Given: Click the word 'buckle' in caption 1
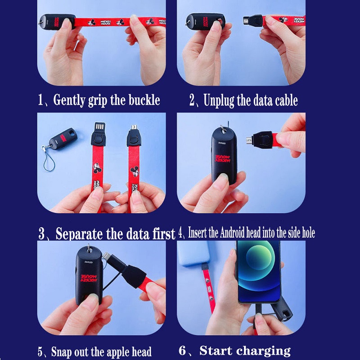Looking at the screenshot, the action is click(144, 100).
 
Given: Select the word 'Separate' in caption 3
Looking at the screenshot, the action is click(79, 234).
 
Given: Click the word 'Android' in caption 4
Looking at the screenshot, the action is click(232, 233).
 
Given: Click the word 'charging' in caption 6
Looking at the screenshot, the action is click(264, 351).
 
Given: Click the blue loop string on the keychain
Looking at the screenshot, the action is click(49, 161).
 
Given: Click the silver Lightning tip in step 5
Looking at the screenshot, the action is click(106, 255).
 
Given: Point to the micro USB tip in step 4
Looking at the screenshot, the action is click(249, 140).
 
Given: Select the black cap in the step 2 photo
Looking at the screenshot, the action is click(206, 21).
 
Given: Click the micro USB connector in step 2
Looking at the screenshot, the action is click(247, 21).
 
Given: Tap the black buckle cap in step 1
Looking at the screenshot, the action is click(58, 22).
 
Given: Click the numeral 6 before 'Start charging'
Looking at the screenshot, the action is click(182, 351).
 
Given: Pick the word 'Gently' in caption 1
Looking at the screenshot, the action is click(69, 100).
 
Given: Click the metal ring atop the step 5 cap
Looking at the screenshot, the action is click(89, 248).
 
